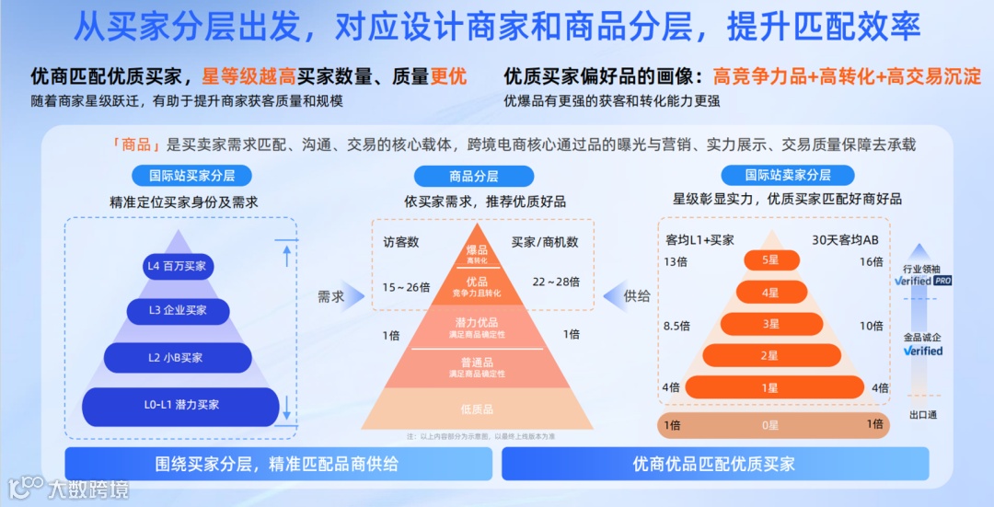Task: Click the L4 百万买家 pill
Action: [179, 267]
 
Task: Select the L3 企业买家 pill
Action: [179, 311]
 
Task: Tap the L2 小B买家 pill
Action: [178, 358]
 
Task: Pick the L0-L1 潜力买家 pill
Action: [180, 406]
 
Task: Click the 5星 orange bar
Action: [771, 260]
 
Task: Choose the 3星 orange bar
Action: [771, 324]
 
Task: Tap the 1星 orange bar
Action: [771, 387]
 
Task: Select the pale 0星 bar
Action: [771, 425]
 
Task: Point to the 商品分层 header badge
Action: [474, 177]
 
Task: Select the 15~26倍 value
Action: [406, 287]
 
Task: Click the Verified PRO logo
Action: [922, 281]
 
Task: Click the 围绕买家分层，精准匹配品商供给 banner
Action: [276, 464]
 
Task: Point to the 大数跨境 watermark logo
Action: [69, 489]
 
